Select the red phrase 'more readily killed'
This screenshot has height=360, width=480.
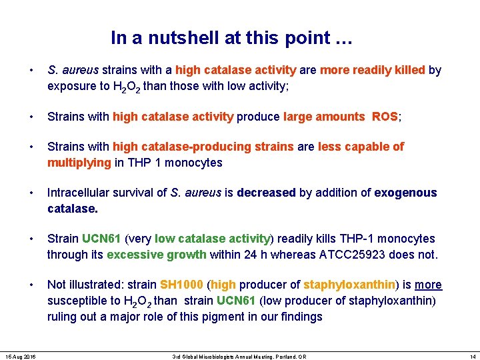coord(371,70)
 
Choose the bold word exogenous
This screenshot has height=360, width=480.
coord(405,193)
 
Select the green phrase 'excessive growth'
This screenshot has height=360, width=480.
coord(151,255)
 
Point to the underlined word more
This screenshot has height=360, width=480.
coord(428,285)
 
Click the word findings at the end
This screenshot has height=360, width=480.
coord(300,317)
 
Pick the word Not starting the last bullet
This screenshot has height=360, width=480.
coord(56,285)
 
